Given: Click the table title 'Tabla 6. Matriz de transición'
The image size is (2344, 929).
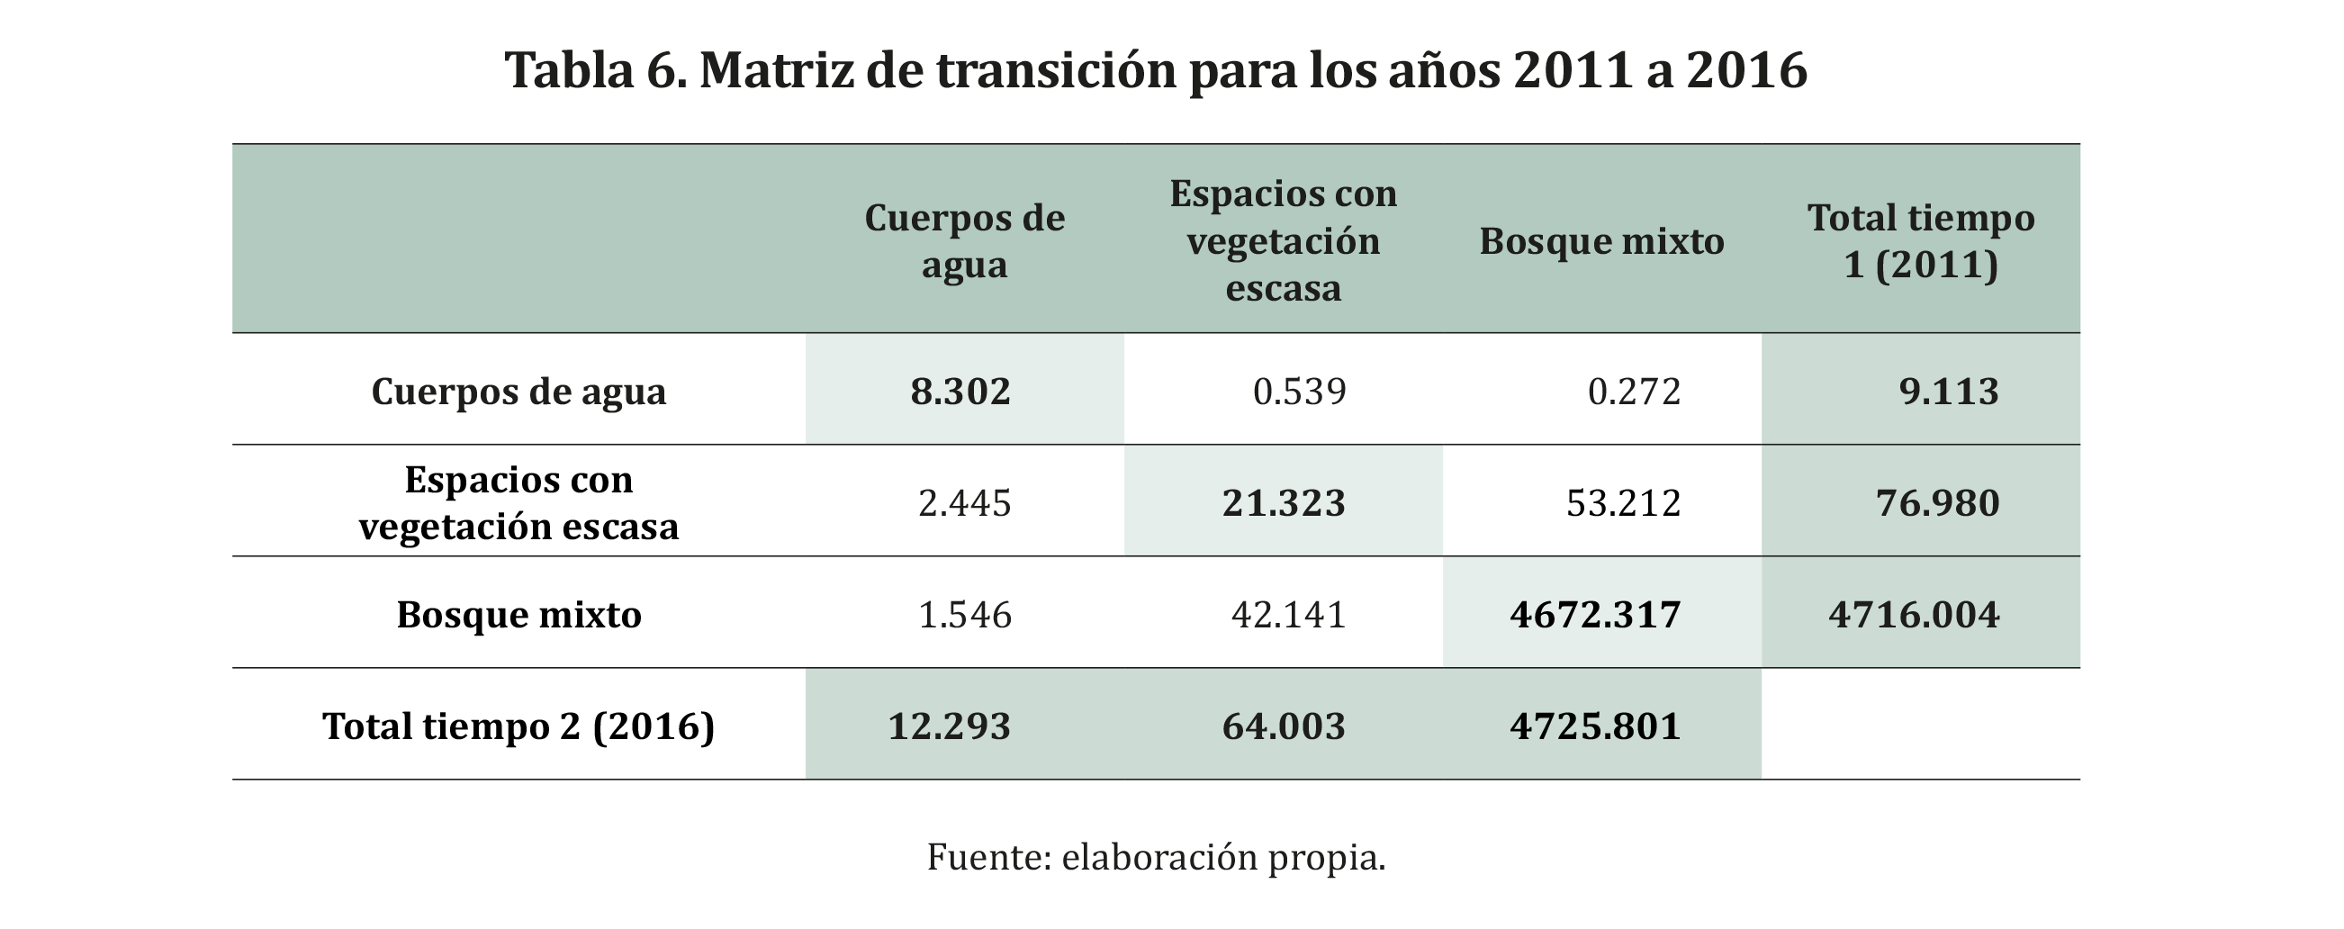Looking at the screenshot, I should coord(1156,71).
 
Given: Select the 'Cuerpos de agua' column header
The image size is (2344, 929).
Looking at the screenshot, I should coord(964,241).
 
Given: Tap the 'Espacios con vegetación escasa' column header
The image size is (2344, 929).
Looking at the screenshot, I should coord(1283,241).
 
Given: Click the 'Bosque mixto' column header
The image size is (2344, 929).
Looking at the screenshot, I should coord(1601,242).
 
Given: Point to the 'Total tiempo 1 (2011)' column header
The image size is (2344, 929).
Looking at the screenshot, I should coord(1920,241).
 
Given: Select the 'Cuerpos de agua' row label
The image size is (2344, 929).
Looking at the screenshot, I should coord(518,392).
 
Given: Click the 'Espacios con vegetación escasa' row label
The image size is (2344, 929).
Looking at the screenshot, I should coord(518,502).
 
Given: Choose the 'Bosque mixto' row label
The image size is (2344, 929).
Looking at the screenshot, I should coord(518,615).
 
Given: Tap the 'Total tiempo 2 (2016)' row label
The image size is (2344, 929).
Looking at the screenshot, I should coord(518,726).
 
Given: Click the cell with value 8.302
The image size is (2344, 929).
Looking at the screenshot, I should coord(960,392).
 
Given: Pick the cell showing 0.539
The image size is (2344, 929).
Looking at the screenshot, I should coord(1299,392).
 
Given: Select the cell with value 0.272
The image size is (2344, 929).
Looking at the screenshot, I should coord(1634,392).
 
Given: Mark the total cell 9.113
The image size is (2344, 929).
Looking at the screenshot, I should coord(1948,392).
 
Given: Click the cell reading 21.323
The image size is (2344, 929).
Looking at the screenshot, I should coord(1283,503).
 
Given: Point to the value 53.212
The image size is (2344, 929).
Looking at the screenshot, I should coord(1623,503).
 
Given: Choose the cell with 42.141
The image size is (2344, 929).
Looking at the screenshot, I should coord(1287,615).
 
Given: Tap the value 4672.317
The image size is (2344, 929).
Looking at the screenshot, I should coord(1594,615).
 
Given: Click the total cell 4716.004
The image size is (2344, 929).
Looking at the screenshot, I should coord(1914,615).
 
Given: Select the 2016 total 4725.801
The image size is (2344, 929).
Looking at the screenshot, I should coord(1594,726).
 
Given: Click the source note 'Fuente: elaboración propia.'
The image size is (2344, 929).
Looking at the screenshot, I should coord(1156,857).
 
